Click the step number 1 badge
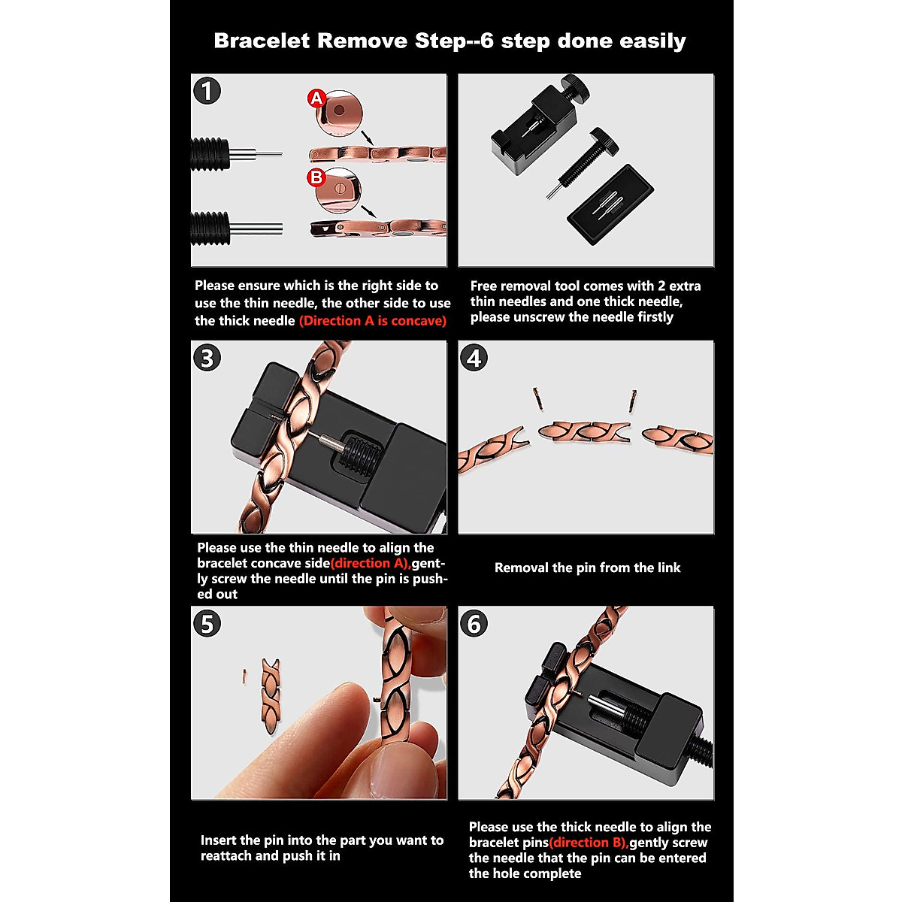tap(207, 92)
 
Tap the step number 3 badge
tap(207, 358)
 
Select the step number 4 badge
tap(474, 358)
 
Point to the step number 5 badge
tap(207, 624)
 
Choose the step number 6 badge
tap(474, 624)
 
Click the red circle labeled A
tap(316, 98)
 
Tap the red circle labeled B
tap(316, 177)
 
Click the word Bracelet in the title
tap(262, 41)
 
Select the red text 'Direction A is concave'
tap(373, 321)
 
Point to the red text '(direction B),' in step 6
tap(589, 843)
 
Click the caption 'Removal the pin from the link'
tap(587, 568)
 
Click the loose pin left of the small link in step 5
tap(244, 676)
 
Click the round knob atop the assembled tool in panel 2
tap(577, 85)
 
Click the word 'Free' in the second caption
tap(484, 286)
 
